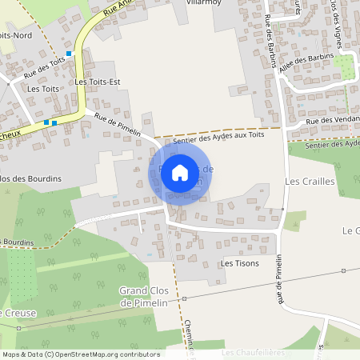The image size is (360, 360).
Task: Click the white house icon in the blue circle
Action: pos(180,172)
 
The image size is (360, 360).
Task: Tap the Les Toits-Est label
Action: pos(96,82)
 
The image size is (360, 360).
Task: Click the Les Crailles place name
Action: pos(309,182)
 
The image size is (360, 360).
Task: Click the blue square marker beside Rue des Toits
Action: pos(70,54)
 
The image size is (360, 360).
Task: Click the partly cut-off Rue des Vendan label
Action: pos(334,121)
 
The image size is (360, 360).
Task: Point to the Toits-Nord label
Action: pos(16,35)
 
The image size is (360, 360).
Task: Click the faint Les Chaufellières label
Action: pos(254,352)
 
